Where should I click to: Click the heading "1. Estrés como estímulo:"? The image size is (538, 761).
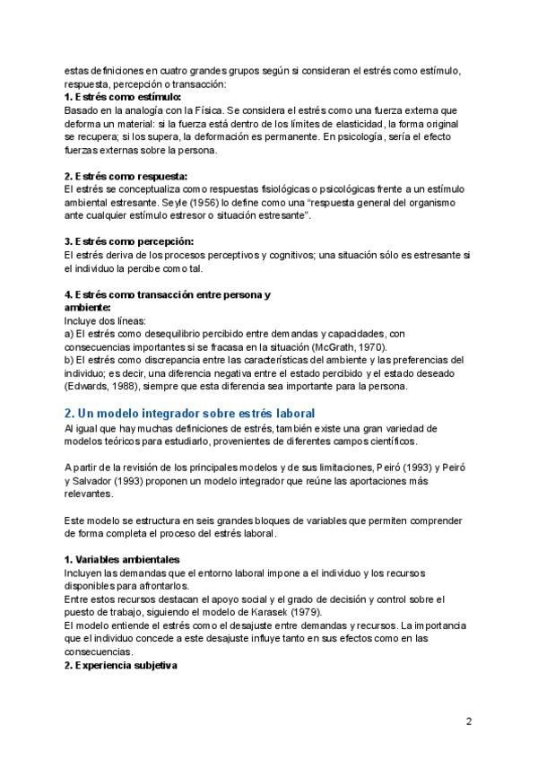click(122, 97)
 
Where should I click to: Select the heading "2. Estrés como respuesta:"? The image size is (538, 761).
click(126, 176)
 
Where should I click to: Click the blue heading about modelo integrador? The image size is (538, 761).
click(189, 413)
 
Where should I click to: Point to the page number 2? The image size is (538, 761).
click(469, 721)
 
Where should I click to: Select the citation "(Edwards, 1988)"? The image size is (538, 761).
click(102, 387)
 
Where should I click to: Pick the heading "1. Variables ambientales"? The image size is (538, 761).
click(122, 559)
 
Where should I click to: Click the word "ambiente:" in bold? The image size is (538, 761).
click(87, 307)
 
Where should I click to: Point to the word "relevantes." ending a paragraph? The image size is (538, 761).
click(89, 493)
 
